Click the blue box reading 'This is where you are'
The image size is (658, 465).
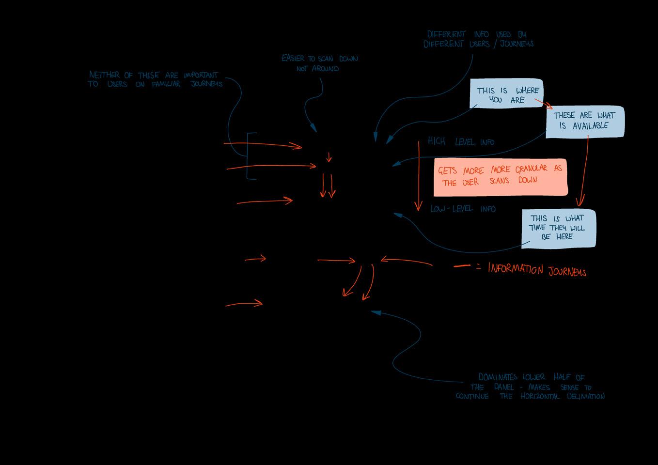506,94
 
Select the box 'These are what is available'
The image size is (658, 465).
584,121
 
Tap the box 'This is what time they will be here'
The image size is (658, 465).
558,228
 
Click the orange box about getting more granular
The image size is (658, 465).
500,177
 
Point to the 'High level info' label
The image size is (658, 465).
461,142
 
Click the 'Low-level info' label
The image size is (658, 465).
463,209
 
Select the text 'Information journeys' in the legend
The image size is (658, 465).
537,270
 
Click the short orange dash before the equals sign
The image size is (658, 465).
461,266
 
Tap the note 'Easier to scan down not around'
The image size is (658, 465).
319,63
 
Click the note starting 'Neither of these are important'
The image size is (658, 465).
155,79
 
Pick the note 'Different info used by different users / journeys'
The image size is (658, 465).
478,39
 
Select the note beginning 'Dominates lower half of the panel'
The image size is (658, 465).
530,387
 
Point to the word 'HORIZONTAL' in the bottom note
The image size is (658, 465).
540,396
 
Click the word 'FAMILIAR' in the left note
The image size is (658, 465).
166,84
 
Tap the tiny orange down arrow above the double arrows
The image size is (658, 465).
329,157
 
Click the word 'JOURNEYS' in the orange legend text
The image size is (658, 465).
567,271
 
